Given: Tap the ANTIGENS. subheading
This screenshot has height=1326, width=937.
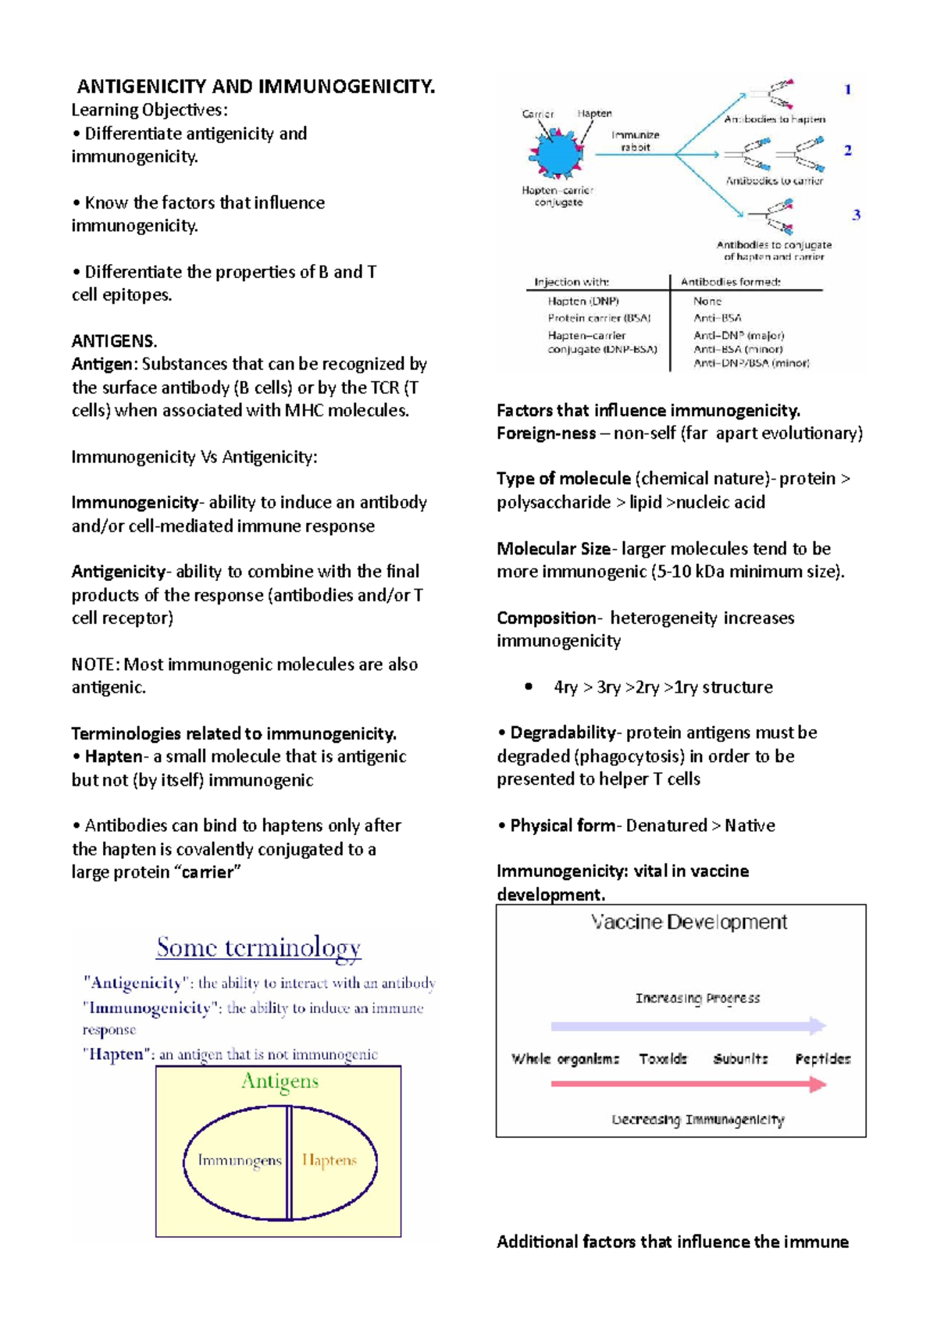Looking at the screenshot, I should pyautogui.click(x=114, y=341).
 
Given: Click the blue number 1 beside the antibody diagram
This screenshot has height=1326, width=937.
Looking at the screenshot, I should pyautogui.click(x=848, y=90).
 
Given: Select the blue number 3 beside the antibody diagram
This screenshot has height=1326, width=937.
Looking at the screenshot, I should pyautogui.click(x=856, y=215).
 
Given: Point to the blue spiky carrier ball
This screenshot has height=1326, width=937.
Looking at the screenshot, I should pyautogui.click(x=556, y=155).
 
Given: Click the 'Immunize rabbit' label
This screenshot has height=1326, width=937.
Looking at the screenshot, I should pyautogui.click(x=635, y=141).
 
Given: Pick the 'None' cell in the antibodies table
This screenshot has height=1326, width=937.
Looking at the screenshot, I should pyautogui.click(x=707, y=301).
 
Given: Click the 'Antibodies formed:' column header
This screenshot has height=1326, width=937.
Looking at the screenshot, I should pyautogui.click(x=730, y=282).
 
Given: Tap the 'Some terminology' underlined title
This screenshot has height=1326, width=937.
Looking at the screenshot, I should pyautogui.click(x=258, y=947).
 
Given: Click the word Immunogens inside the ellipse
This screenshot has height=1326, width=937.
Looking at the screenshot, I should pyautogui.click(x=239, y=1160).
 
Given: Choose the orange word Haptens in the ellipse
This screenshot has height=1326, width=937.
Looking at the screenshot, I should pyautogui.click(x=329, y=1160).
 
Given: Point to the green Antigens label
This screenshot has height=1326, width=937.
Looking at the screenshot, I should pyautogui.click(x=280, y=1082).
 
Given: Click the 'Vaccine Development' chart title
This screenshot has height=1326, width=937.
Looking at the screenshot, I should pyautogui.click(x=689, y=922).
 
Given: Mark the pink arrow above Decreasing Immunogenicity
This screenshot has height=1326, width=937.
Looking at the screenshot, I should pyautogui.click(x=688, y=1084).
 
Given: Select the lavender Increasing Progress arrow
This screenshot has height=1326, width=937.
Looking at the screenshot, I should pyautogui.click(x=688, y=1025).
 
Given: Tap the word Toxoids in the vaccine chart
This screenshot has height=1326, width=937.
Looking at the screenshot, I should pyautogui.click(x=663, y=1059).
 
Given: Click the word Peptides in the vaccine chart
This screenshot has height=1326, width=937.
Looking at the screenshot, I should pyautogui.click(x=822, y=1059).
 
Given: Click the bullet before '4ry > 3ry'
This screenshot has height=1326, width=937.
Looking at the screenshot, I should pyautogui.click(x=529, y=687).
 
